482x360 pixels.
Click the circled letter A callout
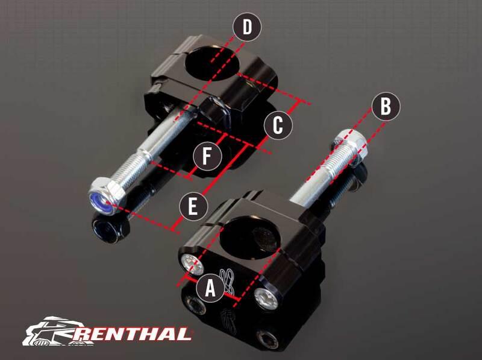pos(210,288)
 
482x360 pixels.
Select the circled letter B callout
pos(386,107)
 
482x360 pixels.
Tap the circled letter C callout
pos(278,125)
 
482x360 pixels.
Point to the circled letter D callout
pos(247,27)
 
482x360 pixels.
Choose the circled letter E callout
pos(193,206)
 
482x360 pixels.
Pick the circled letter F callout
pos(207,156)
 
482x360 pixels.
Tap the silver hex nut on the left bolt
pos(107,197)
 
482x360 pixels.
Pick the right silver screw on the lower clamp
pos(267,298)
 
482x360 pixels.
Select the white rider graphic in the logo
pos(52,331)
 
